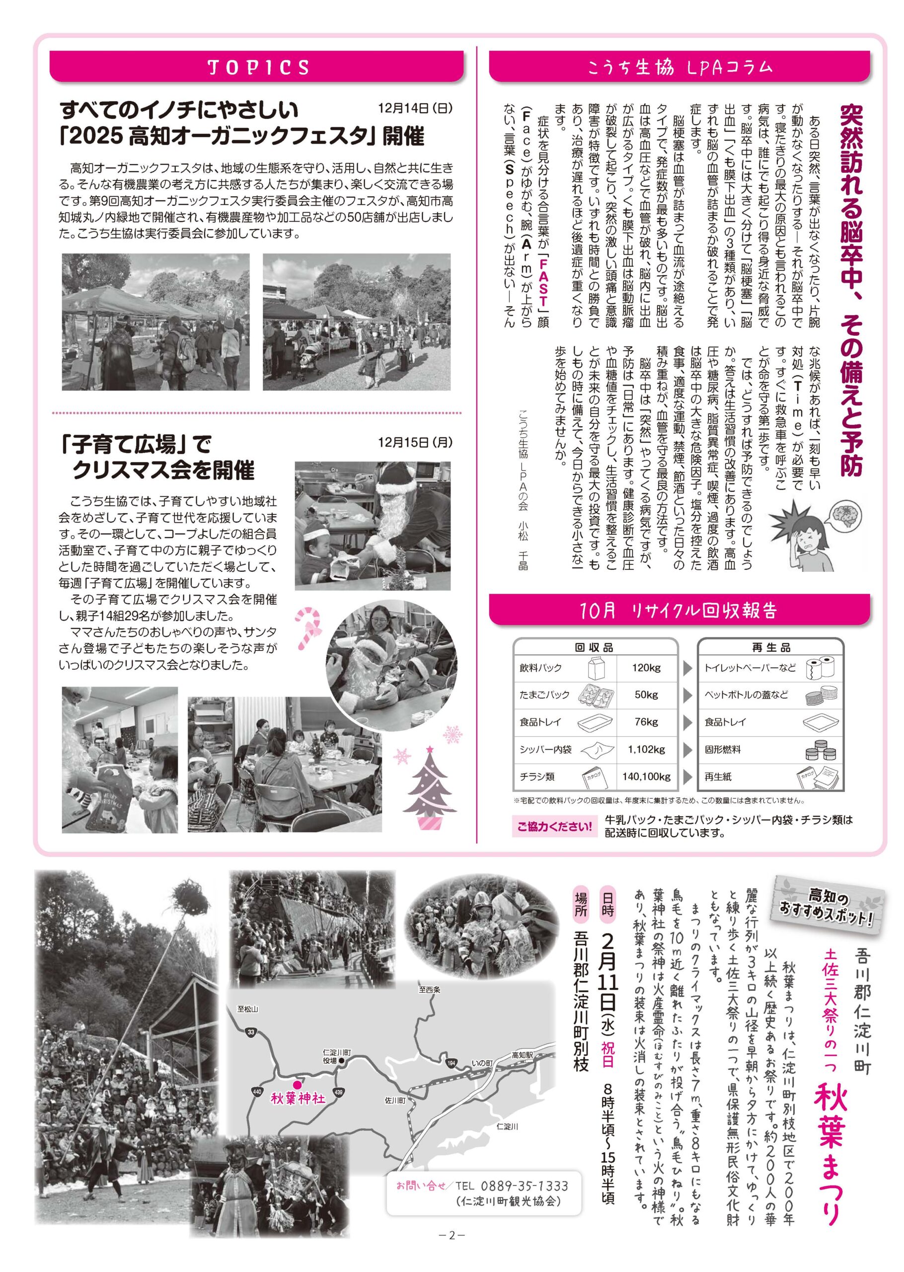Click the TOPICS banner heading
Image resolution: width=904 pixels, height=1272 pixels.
pos(258,68)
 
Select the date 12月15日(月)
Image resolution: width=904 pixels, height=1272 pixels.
pos(415,442)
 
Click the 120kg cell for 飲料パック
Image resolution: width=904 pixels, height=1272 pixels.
pos(646,667)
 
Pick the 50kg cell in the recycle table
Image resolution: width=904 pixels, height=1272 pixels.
pos(646,695)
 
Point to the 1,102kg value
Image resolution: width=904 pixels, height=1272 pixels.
pos(646,749)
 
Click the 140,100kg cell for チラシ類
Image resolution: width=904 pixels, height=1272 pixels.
pos(646,777)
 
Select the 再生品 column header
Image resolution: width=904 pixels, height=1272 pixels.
pos(770,647)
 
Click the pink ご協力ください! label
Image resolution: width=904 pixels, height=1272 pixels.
pos(554,826)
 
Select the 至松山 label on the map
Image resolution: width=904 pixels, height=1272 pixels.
pos(248,1009)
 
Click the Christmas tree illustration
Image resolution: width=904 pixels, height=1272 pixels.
pos(429,791)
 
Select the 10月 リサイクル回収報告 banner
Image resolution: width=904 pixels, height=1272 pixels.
pos(679,611)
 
